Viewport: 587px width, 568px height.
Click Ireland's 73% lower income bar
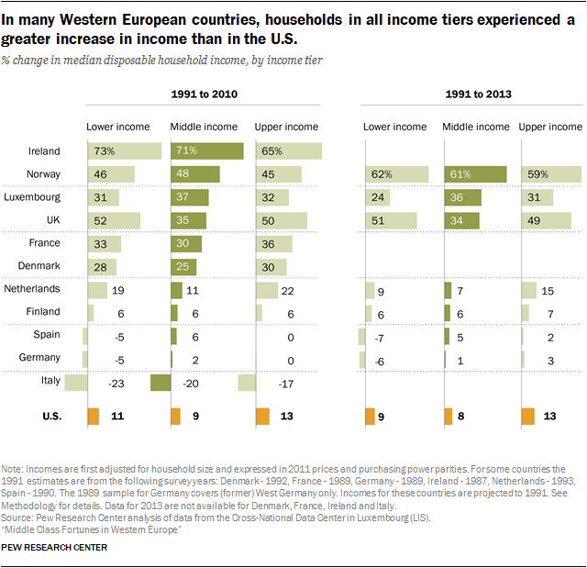click(x=124, y=151)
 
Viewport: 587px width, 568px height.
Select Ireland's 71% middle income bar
click(x=206, y=151)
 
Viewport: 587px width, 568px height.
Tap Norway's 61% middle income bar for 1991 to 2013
click(x=475, y=174)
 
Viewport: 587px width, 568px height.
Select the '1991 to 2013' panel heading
click(x=473, y=95)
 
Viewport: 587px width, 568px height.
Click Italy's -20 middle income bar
click(x=160, y=383)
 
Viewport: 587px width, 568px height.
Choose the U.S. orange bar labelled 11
click(x=93, y=417)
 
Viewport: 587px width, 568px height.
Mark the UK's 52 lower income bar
click(x=114, y=220)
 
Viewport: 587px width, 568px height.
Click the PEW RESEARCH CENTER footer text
click(x=55, y=548)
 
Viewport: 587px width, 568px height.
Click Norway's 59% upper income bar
click(x=550, y=174)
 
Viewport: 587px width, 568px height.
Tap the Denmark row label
click(x=39, y=266)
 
